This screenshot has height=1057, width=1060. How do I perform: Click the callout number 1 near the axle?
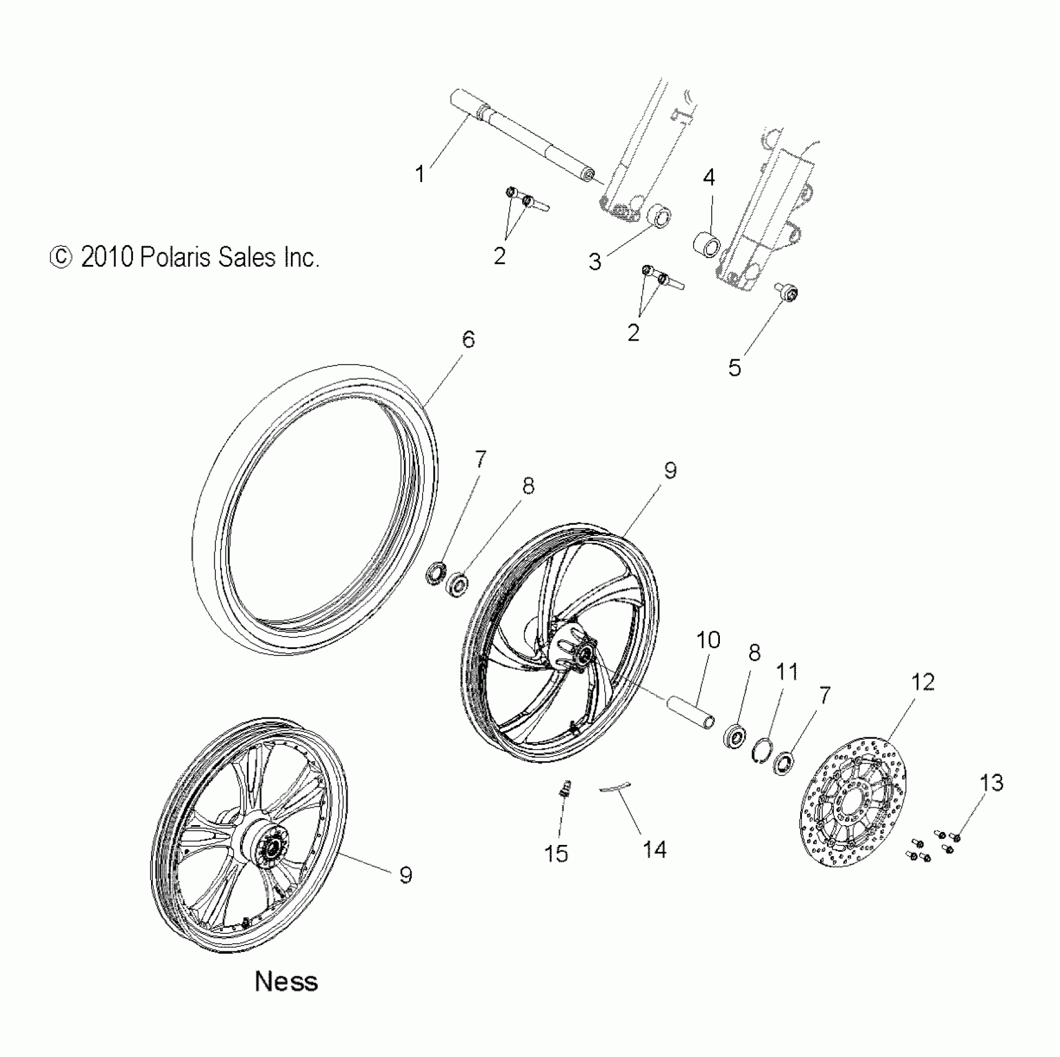pyautogui.click(x=420, y=174)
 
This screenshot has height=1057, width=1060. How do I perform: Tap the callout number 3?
pyautogui.click(x=595, y=262)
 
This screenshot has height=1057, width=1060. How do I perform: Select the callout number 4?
pyautogui.click(x=709, y=178)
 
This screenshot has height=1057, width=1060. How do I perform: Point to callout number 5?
pyautogui.click(x=734, y=368)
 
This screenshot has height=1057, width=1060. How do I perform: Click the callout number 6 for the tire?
pyautogui.click(x=468, y=339)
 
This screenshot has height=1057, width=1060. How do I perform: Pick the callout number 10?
pyautogui.click(x=708, y=640)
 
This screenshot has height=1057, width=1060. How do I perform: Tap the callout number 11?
pyautogui.click(x=786, y=672)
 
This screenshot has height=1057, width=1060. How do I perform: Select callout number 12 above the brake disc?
pyautogui.click(x=923, y=683)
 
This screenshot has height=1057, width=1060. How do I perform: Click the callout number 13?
pyautogui.click(x=992, y=783)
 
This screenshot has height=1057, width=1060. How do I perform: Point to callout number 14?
pyautogui.click(x=654, y=849)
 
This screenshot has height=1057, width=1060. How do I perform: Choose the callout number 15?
pyautogui.click(x=556, y=854)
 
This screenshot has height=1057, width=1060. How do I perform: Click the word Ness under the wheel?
pyautogui.click(x=286, y=982)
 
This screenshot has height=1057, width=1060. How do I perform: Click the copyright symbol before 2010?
pyautogui.click(x=61, y=257)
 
